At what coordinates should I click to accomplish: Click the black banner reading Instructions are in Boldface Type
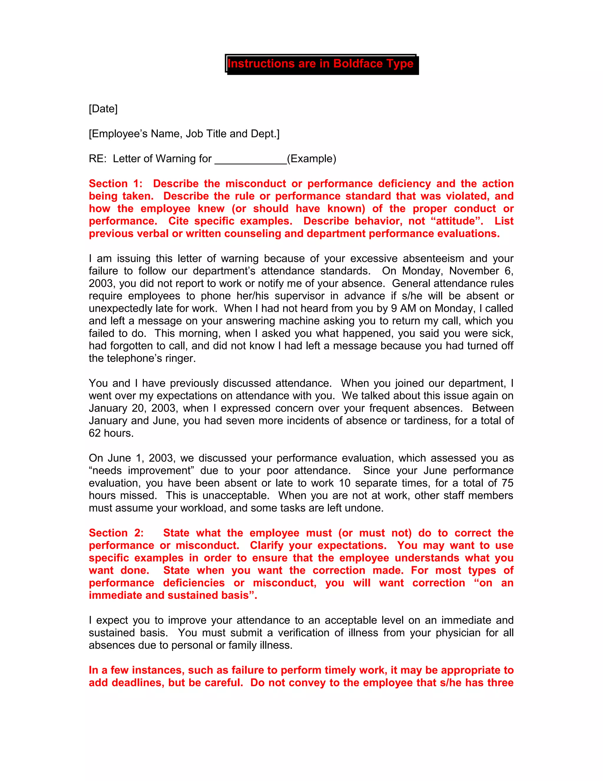[x=322, y=64]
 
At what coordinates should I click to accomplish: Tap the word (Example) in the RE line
[x=312, y=159]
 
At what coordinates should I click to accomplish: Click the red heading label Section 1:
[x=115, y=184]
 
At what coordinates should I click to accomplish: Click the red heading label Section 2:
[x=116, y=533]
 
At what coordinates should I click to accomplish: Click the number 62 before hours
[x=95, y=434]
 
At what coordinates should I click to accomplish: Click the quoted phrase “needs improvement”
[x=141, y=471]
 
